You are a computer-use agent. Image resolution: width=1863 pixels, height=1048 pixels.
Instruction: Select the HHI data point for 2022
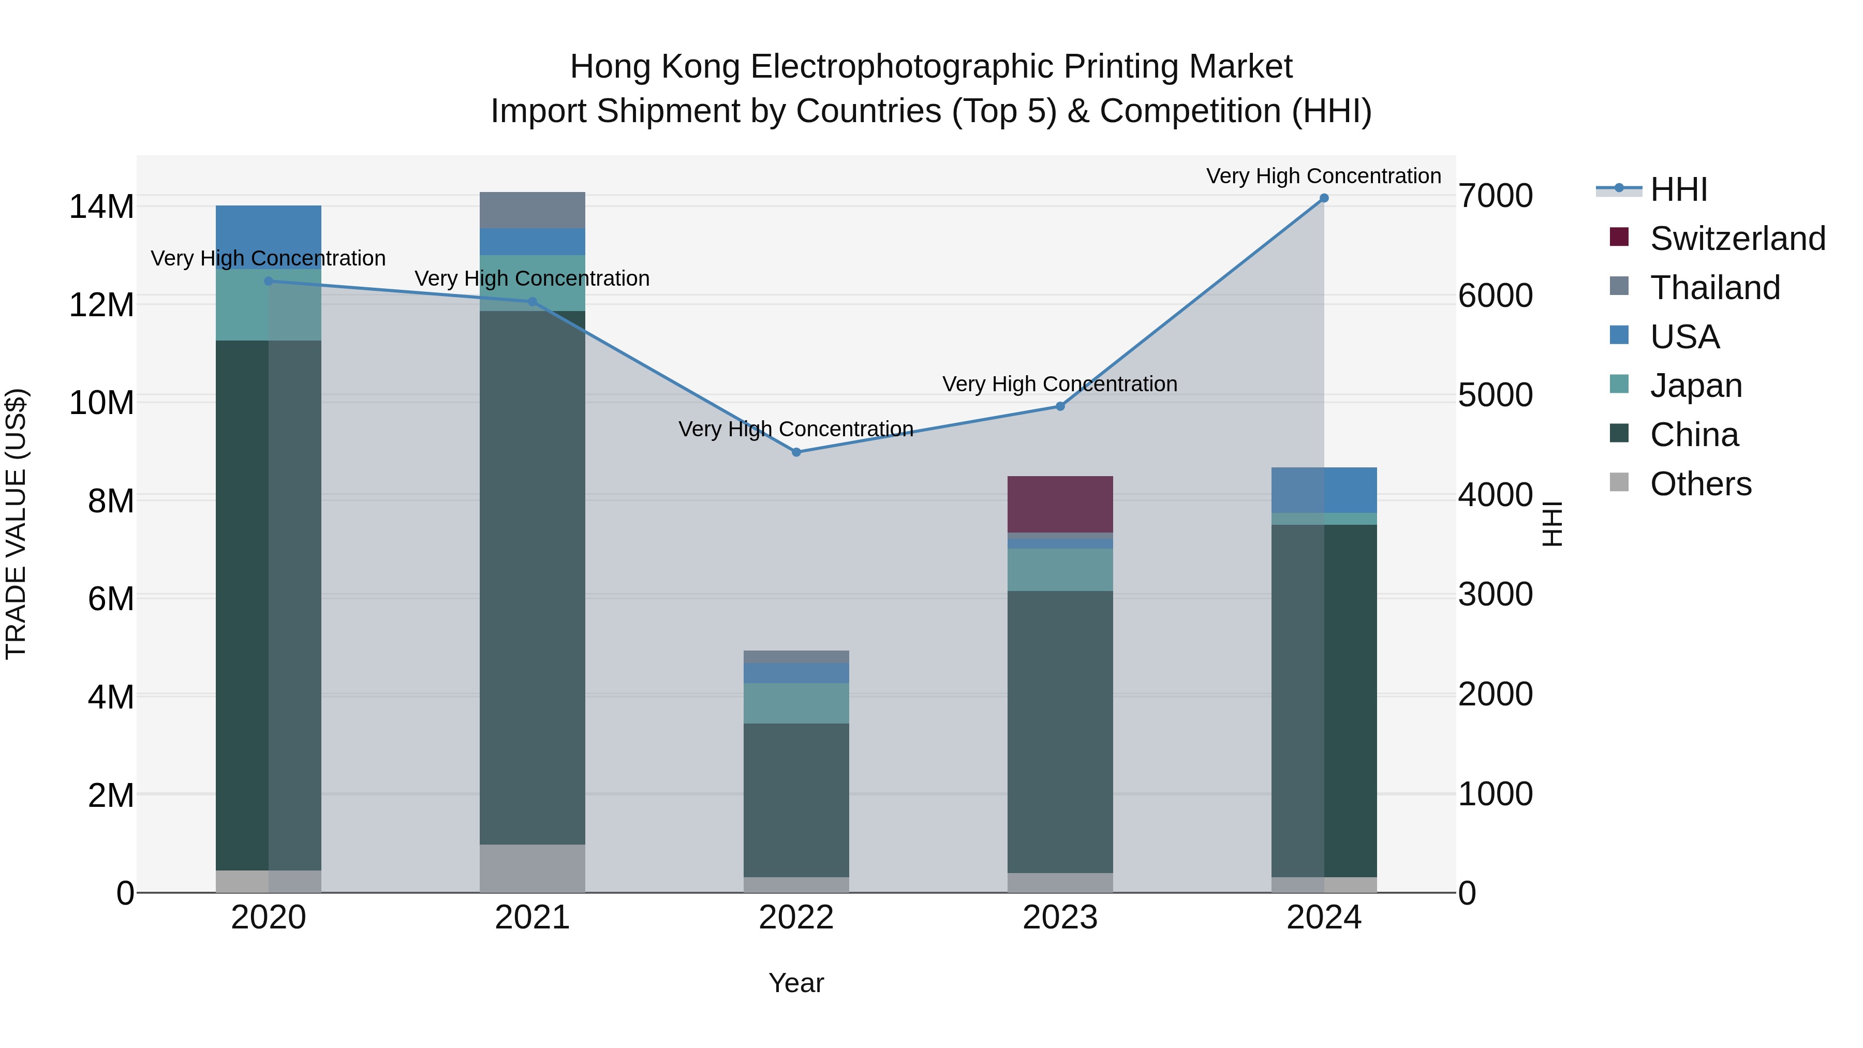[796, 452]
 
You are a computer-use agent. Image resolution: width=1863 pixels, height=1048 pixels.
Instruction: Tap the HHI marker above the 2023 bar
[1060, 406]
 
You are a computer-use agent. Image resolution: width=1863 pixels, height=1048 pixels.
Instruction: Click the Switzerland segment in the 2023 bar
[1060, 504]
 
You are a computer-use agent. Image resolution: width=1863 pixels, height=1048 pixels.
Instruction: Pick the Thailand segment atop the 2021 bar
[533, 210]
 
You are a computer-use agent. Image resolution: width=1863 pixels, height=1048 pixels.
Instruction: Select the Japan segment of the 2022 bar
[796, 703]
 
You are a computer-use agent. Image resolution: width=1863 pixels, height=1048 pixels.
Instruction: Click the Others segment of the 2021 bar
[533, 868]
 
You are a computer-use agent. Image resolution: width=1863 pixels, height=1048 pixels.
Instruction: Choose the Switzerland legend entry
[1737, 239]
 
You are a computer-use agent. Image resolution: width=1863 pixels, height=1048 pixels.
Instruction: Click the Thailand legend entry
[1714, 288]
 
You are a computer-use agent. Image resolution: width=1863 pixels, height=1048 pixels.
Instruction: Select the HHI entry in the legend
[1678, 189]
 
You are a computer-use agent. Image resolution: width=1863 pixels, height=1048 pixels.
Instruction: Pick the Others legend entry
[1699, 484]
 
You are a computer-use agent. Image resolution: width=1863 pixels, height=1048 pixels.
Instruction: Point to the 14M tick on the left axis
[101, 207]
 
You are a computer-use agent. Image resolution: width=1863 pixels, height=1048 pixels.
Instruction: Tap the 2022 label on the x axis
[796, 918]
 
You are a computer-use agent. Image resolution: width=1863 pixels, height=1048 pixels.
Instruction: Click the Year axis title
[796, 983]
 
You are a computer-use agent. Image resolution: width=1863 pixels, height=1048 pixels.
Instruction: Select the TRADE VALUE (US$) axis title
[16, 524]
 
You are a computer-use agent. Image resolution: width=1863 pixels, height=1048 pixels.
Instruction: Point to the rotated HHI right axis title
[1552, 524]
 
